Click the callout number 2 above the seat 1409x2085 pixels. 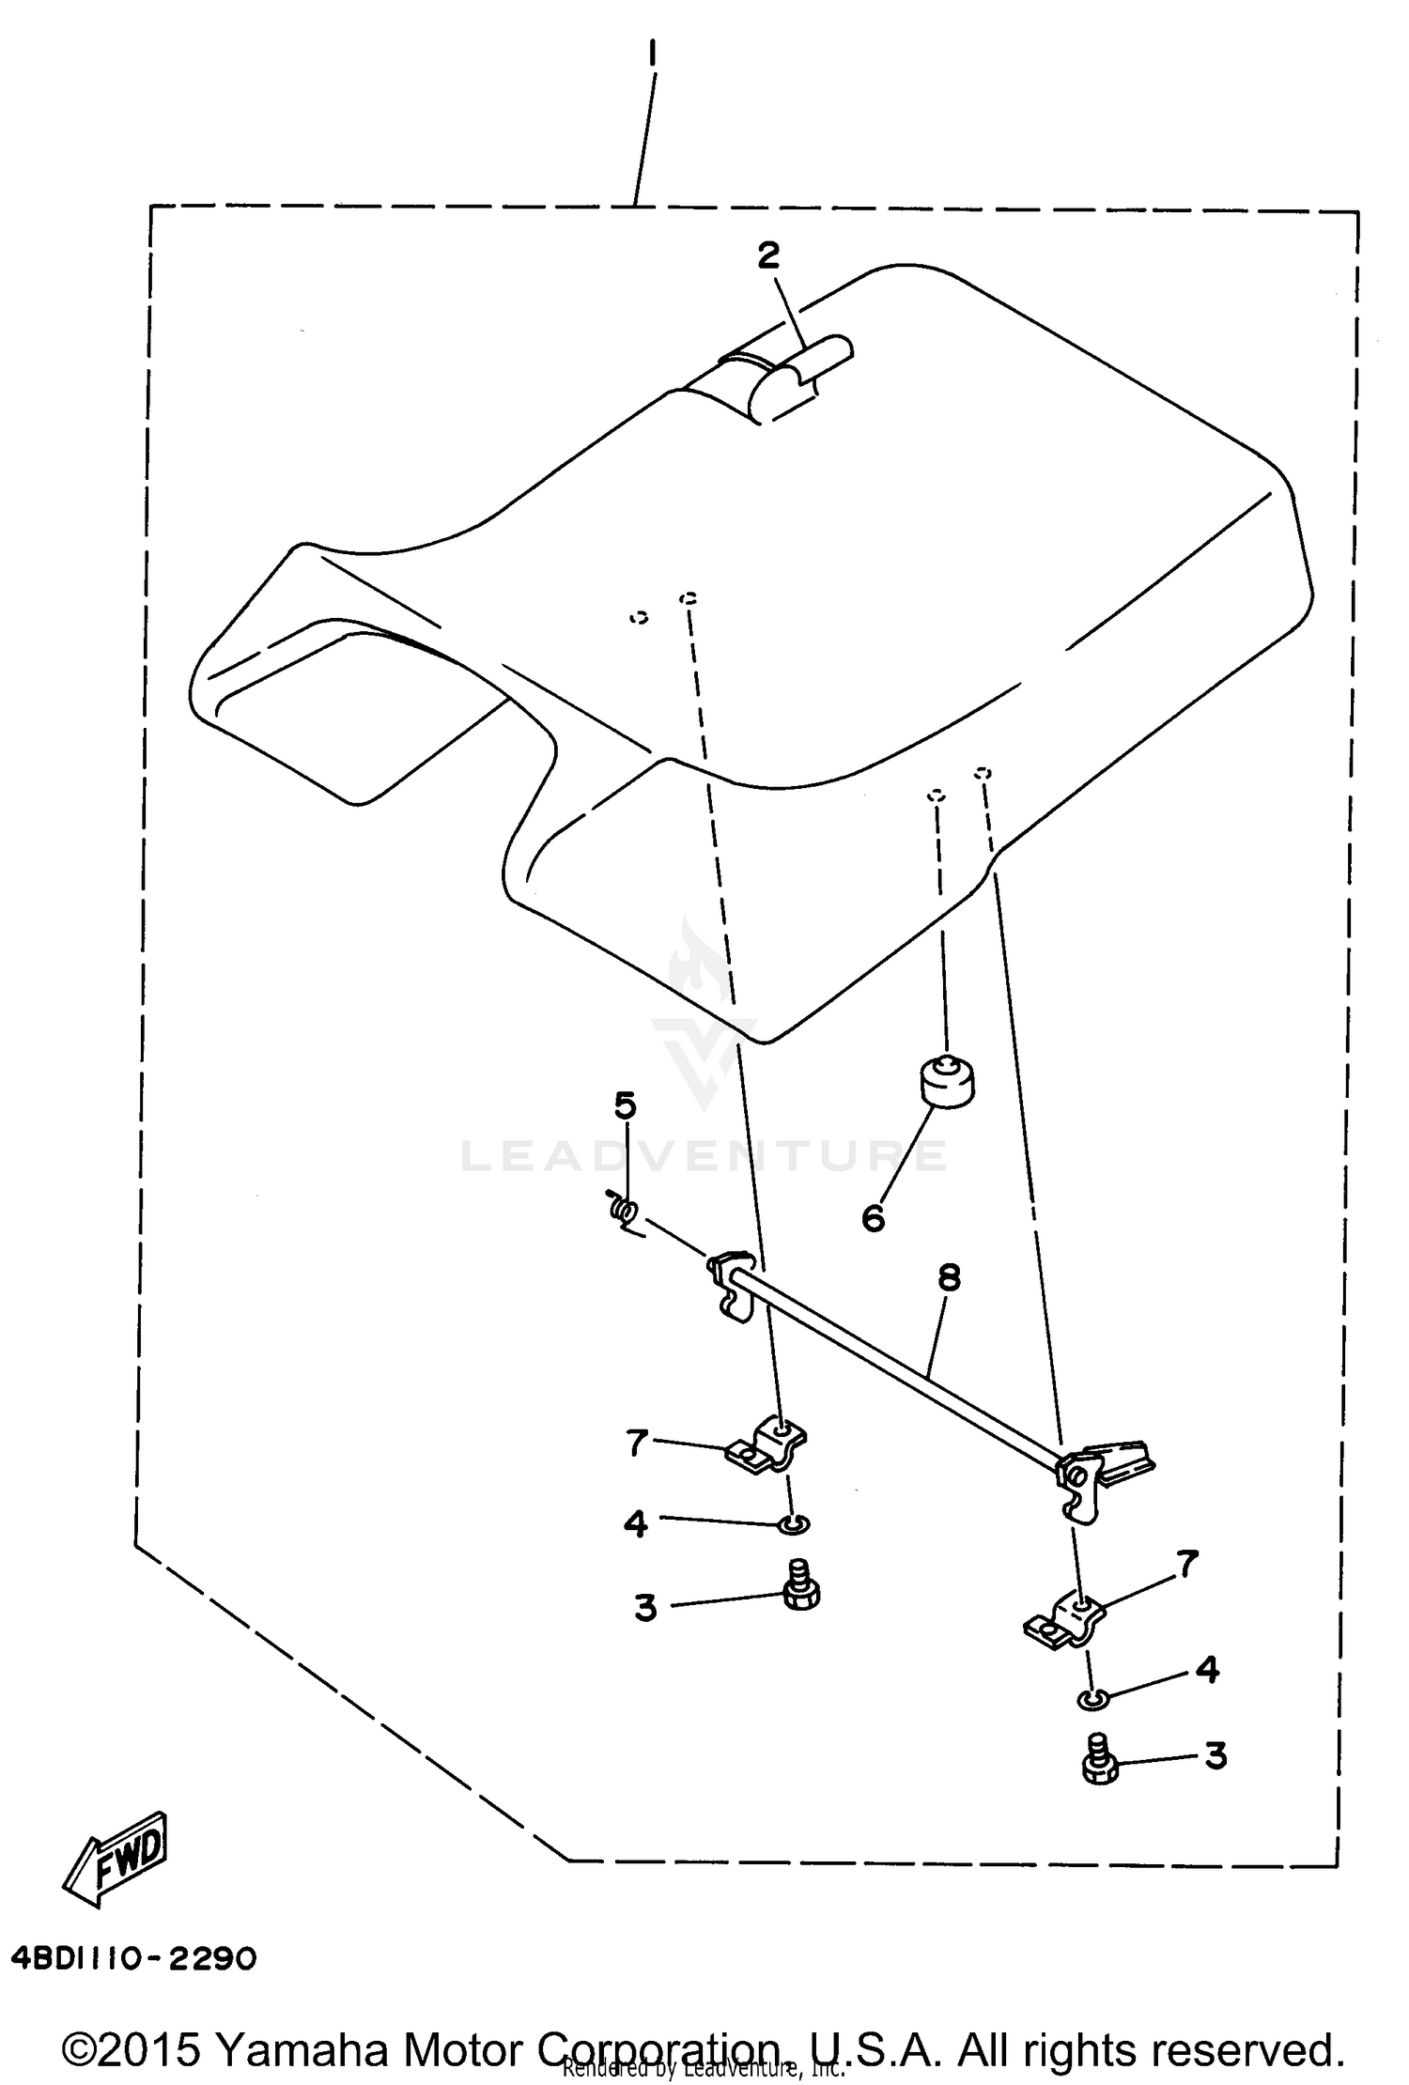click(x=769, y=255)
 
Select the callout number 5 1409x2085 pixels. click(x=625, y=1105)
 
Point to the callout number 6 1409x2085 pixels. click(x=874, y=1219)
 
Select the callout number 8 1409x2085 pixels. click(x=949, y=1277)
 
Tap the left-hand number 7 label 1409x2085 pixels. click(x=638, y=1443)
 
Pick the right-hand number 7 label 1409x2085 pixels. click(x=1187, y=1565)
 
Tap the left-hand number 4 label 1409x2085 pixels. click(x=636, y=1524)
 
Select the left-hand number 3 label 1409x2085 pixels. click(x=645, y=1608)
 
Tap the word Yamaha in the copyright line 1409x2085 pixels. click(x=297, y=2049)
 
